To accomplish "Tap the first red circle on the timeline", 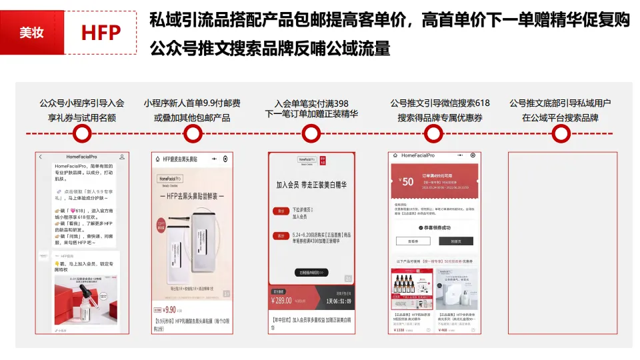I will point(83,134).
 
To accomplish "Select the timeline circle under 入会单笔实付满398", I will point(311,134).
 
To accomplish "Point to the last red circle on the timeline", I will point(561,134).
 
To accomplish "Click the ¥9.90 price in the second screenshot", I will point(170,309).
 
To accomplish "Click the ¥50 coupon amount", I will point(405,181).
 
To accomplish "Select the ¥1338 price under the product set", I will point(400,329).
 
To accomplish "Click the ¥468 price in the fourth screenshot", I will point(443,329).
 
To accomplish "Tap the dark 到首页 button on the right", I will point(456,241).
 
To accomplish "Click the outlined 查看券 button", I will point(413,241).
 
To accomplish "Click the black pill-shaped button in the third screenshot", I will point(311,273).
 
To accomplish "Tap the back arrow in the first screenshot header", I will point(41,157).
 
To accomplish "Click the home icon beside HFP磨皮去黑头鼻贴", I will point(157,159).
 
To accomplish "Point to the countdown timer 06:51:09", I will point(339,301).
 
